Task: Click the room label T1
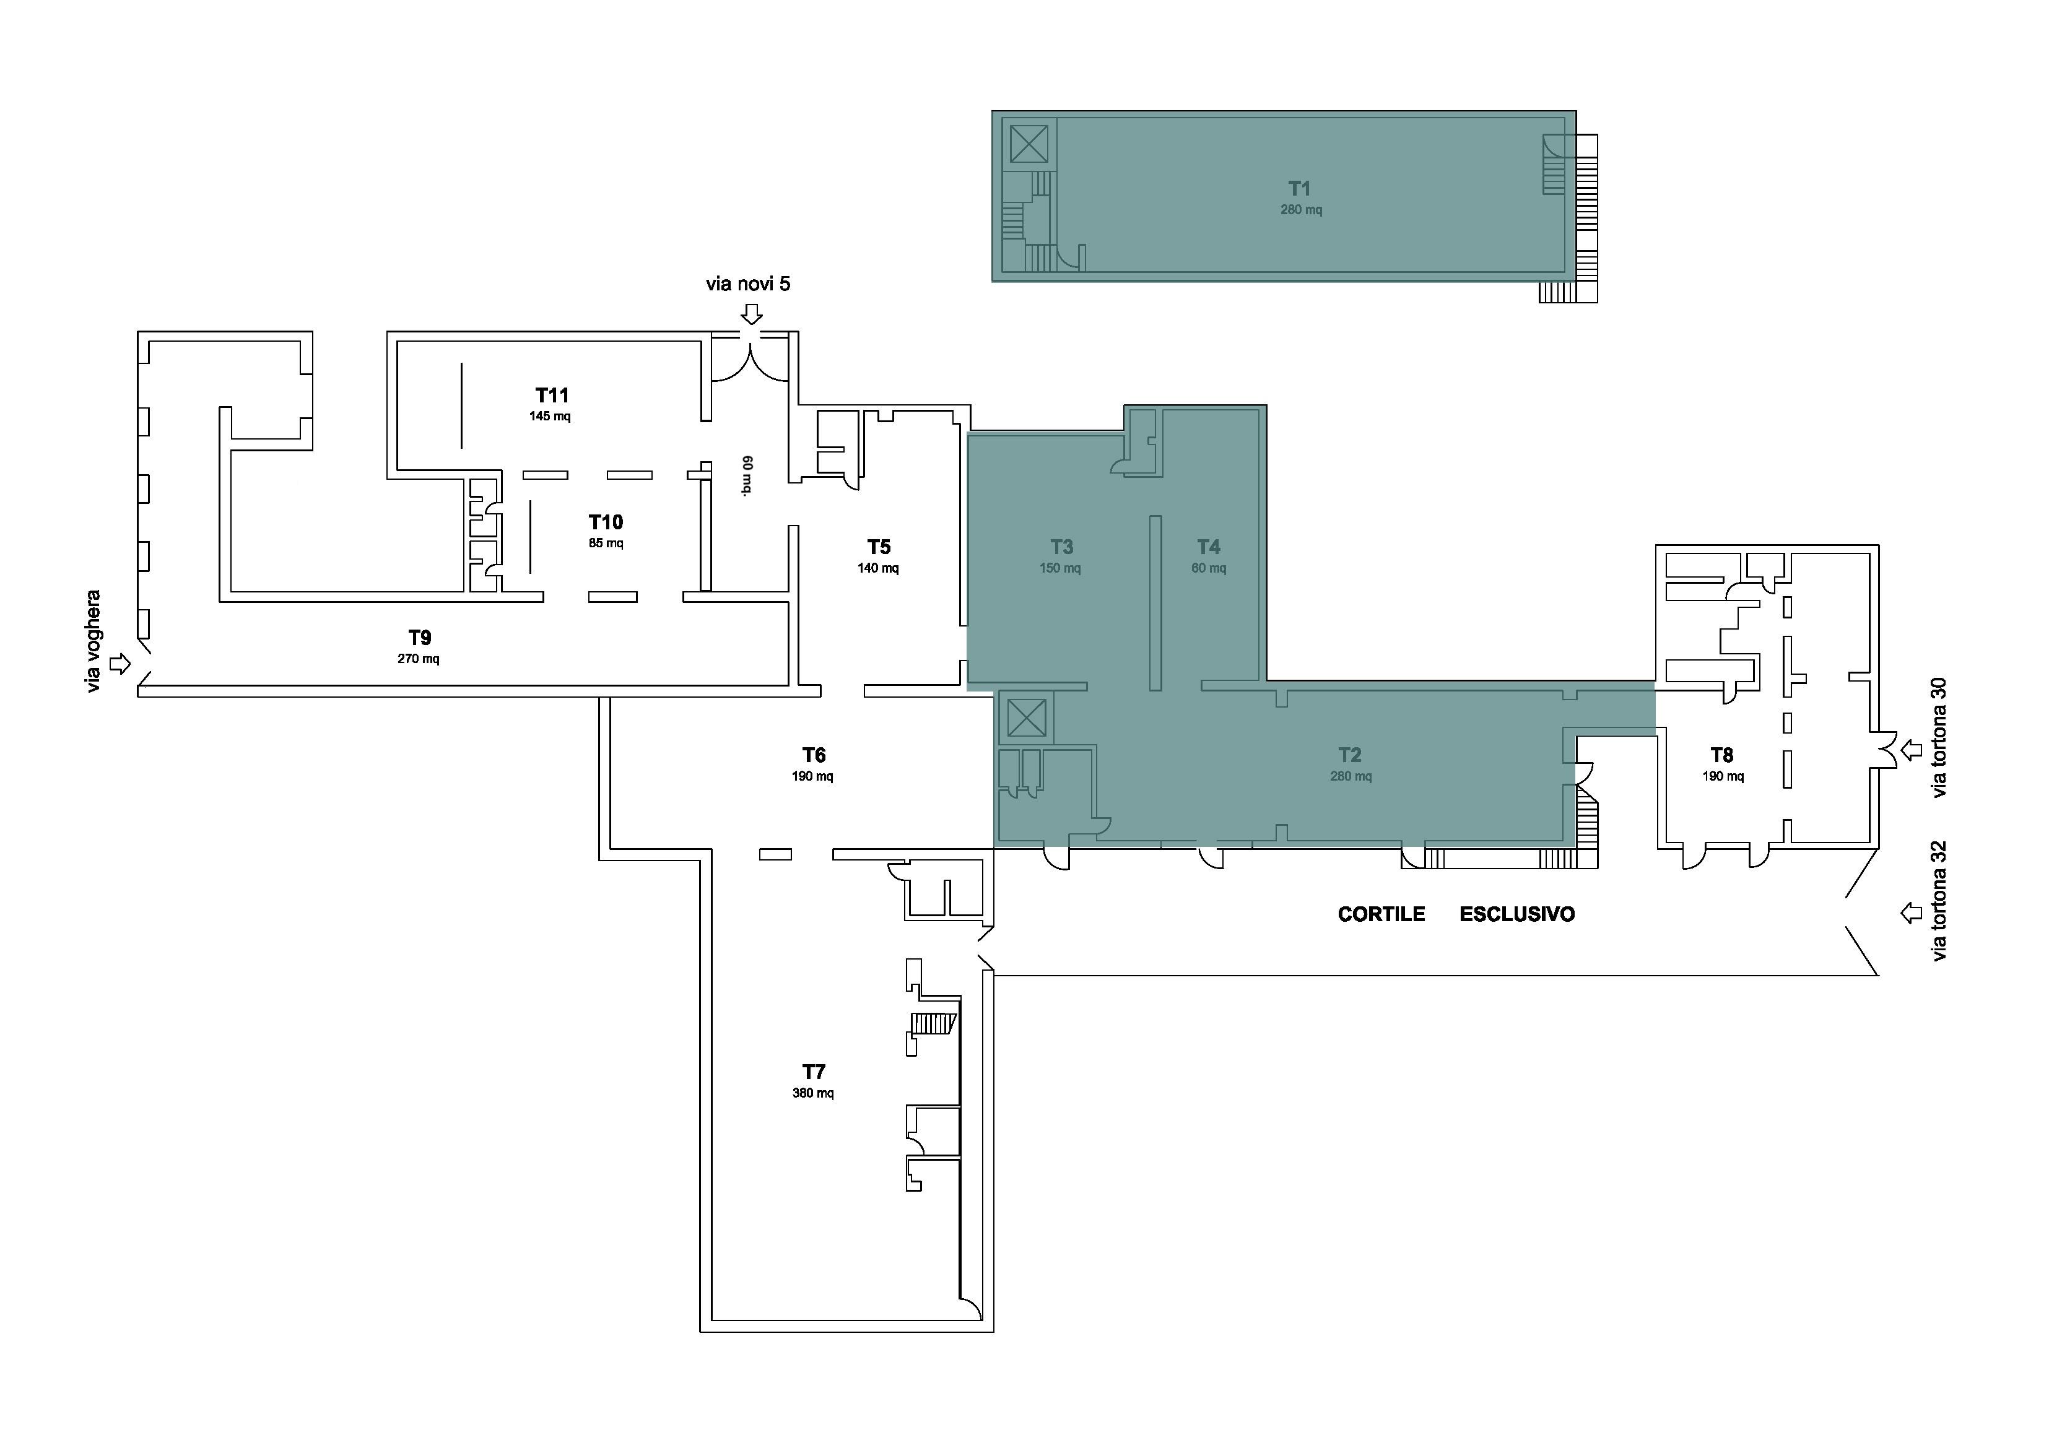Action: [1299, 188]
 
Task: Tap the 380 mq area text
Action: [813, 1093]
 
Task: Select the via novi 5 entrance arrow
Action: [752, 314]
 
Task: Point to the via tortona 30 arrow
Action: [1911, 750]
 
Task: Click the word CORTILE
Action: [1381, 914]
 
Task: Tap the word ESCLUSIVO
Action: [1517, 914]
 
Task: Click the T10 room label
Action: [606, 522]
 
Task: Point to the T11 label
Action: [552, 395]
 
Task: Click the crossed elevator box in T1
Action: [1029, 144]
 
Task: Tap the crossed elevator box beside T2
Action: [1026, 718]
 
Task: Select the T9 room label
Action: [419, 638]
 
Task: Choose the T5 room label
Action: [879, 547]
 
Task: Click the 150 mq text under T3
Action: [1060, 568]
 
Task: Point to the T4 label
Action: [1208, 547]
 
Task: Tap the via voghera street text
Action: [93, 641]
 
